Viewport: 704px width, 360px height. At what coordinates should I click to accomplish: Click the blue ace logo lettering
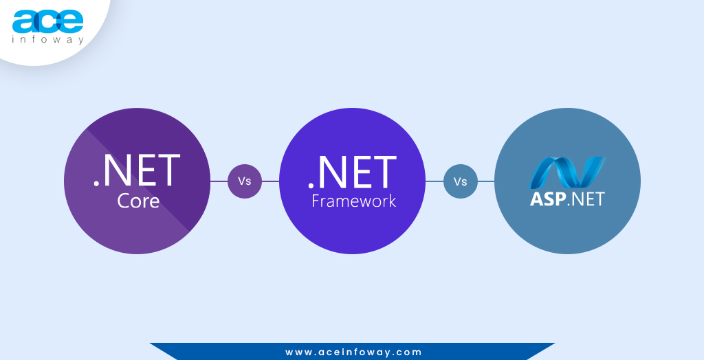pyautogui.click(x=47, y=21)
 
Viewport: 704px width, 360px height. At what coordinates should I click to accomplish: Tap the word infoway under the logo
pyautogui.click(x=47, y=40)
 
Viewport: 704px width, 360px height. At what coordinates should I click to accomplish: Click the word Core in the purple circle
pyautogui.click(x=137, y=201)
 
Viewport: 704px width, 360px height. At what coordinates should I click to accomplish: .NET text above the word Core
pyautogui.click(x=137, y=172)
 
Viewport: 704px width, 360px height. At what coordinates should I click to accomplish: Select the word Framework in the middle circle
pyautogui.click(x=353, y=201)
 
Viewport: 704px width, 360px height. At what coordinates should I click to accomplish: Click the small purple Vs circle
pyautogui.click(x=245, y=181)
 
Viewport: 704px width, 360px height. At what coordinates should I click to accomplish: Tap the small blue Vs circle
pyautogui.click(x=461, y=181)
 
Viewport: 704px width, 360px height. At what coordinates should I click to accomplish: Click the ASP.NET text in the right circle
pyautogui.click(x=567, y=199)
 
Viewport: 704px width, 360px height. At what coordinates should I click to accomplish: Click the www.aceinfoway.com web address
pyautogui.click(x=353, y=352)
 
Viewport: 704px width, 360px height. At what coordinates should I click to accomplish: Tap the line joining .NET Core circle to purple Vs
pyautogui.click(x=219, y=181)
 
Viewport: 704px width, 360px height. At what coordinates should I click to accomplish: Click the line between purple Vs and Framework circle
pyautogui.click(x=271, y=181)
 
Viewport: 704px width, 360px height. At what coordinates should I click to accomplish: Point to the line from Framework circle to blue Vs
pyautogui.click(x=434, y=181)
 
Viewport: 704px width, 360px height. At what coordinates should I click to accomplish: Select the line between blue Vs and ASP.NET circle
pyautogui.click(x=486, y=181)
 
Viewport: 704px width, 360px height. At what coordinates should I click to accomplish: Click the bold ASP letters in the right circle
pyautogui.click(x=547, y=199)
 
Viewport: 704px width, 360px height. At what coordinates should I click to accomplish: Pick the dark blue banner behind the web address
pyautogui.click(x=206, y=352)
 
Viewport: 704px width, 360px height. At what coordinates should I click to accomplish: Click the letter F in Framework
pyautogui.click(x=316, y=201)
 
